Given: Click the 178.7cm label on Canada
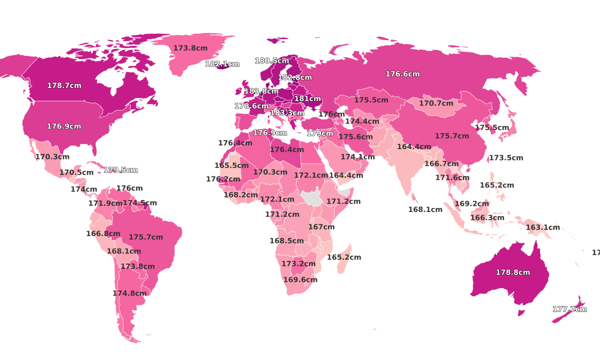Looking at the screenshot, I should tap(64, 85).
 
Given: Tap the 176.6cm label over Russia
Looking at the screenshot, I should tap(402, 74).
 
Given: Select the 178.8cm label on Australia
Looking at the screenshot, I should tap(512, 272).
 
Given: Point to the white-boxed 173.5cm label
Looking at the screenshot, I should tap(506, 158).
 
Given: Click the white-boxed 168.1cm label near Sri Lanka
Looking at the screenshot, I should tap(425, 209).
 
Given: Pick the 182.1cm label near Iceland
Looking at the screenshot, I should tap(222, 64).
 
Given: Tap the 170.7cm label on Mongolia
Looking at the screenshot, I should tap(436, 103).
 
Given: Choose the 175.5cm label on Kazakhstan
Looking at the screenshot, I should tap(371, 100).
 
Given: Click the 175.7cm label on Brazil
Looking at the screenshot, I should tap(145, 237).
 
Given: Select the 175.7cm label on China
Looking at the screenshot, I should tap(452, 136).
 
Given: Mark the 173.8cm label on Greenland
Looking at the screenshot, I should tap(190, 48).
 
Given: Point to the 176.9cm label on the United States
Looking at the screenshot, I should tap(64, 126).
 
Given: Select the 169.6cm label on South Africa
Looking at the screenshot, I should tap(300, 280).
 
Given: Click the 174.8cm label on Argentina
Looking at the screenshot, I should tap(130, 293).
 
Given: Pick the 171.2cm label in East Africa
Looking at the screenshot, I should tap(343, 201).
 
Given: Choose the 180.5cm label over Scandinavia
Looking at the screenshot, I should tap(272, 61).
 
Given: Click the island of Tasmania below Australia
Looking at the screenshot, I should tap(521, 313).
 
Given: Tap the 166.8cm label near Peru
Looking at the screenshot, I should tap(103, 233).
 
